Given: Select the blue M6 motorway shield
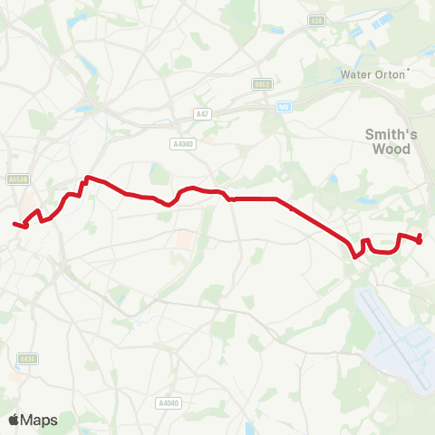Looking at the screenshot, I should (284, 106).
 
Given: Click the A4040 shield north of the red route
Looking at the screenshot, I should (182, 142).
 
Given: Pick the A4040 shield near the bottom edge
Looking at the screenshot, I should (168, 402).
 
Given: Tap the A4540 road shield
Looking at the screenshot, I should (19, 179).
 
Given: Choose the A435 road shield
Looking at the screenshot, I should (27, 359).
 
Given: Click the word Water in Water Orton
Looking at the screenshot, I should (355, 74).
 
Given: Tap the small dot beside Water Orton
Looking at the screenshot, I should (409, 69).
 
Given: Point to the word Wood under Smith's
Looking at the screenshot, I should (391, 150).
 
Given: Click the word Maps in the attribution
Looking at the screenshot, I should (40, 420).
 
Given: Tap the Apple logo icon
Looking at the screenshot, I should (14, 420).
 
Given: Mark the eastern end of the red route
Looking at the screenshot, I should (420, 240).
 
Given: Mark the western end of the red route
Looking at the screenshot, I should (14, 224).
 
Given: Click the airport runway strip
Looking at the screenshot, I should (399, 340).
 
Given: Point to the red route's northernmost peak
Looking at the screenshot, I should (87, 178).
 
